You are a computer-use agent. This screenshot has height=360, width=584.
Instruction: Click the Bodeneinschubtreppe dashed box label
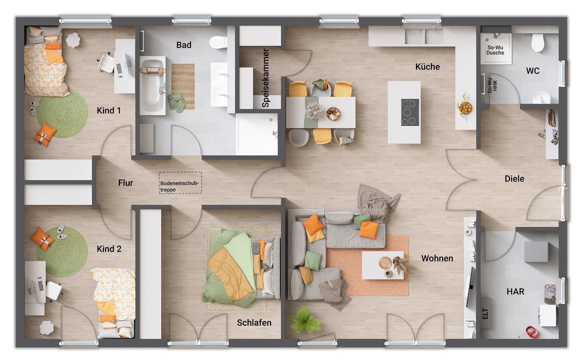pos(179,186)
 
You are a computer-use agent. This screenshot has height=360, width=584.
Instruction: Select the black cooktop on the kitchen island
pos(410,112)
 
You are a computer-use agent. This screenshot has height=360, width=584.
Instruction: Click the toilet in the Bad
pos(218,42)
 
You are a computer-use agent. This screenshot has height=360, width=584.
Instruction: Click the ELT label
pos(485,314)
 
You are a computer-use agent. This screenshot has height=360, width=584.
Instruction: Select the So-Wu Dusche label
pos(495,50)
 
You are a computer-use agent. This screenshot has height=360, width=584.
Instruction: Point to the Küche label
pos(427,67)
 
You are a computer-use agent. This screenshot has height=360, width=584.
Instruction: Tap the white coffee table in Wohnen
pos(383,265)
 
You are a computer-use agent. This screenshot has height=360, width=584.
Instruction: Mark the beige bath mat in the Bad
pos(183,86)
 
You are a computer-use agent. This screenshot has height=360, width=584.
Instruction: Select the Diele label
pos(514,179)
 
